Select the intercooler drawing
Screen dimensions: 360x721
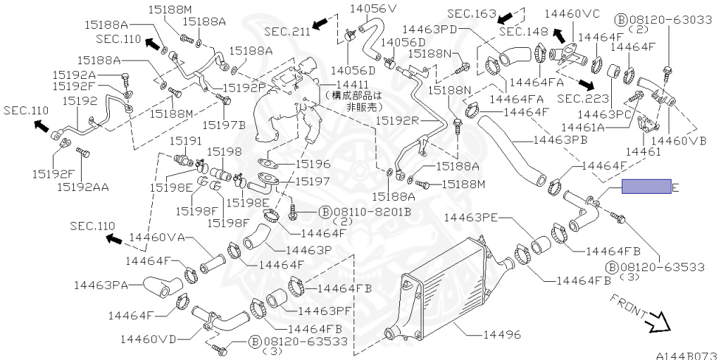444,289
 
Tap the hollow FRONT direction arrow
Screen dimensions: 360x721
660,322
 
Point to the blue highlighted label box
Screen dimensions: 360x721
646,187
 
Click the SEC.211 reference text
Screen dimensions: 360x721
287,31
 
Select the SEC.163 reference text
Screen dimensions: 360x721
472,13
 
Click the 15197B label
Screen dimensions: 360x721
223,125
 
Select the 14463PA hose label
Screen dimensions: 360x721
101,285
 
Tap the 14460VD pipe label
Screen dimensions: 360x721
148,339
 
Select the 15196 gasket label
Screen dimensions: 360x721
313,163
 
